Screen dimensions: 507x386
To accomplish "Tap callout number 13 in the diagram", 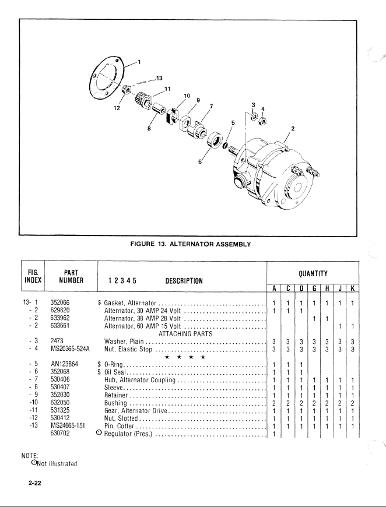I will (159, 78).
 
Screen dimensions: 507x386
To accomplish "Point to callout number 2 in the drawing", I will (293, 128).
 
